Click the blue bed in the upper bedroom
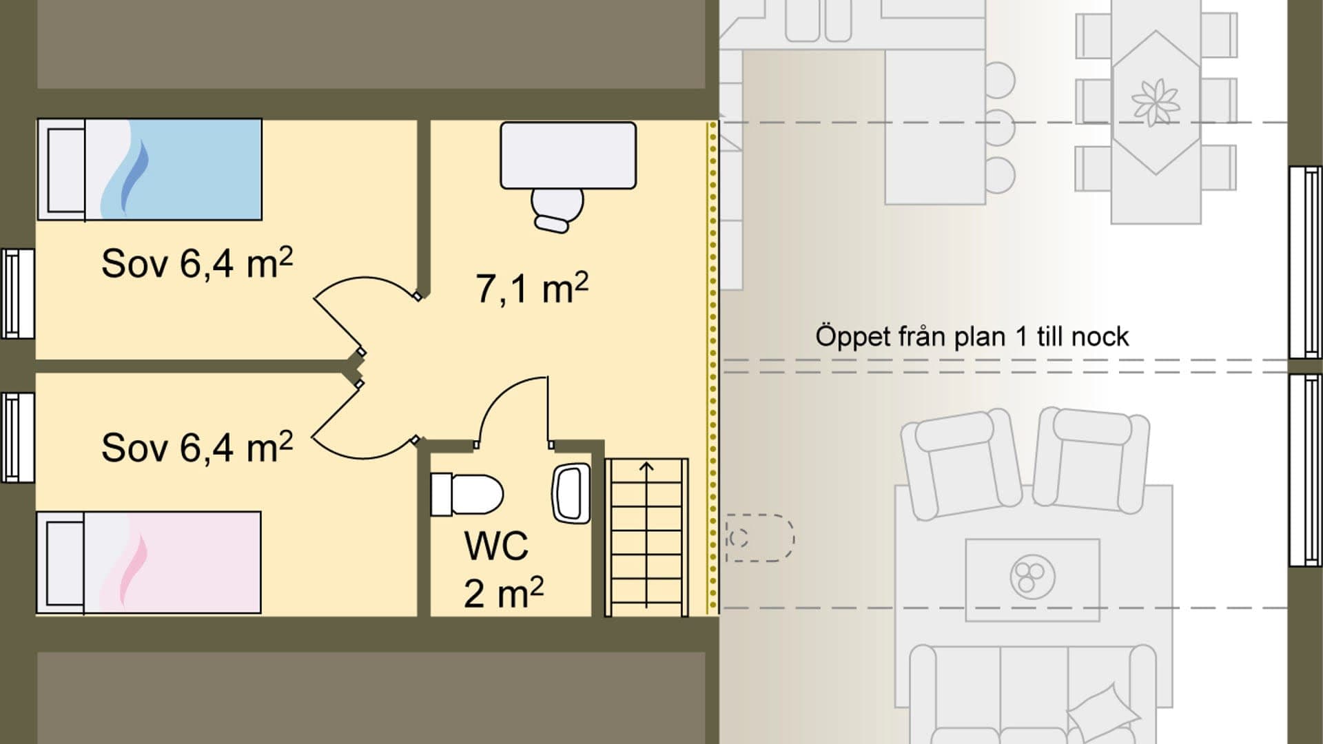pos(150,169)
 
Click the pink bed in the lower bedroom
pos(150,562)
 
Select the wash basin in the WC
pos(571,493)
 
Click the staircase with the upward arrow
pos(646,537)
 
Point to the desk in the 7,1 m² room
pos(568,155)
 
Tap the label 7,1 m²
pos(531,288)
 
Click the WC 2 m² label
pos(502,569)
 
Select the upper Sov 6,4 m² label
pos(196,263)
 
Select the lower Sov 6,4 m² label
pos(196,448)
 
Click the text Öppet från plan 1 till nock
pos(972,337)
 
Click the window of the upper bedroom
pos(17,293)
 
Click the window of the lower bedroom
pos(17,437)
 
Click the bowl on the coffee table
pos(1032,576)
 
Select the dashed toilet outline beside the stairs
pos(758,538)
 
